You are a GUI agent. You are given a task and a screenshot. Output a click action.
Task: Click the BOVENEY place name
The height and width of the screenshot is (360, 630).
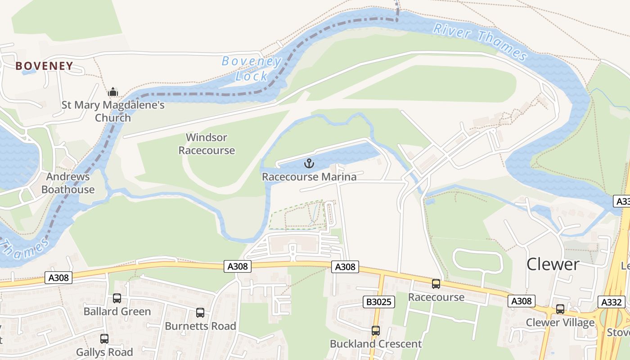(44, 66)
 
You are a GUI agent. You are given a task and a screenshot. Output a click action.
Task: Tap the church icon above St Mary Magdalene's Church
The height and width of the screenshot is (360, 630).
(112, 92)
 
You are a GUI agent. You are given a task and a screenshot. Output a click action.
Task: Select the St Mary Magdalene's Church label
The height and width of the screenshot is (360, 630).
(113, 112)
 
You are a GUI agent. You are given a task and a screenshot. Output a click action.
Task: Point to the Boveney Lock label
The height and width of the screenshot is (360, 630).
(252, 68)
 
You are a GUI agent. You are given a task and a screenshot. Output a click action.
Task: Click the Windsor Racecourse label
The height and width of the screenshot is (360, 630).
(207, 144)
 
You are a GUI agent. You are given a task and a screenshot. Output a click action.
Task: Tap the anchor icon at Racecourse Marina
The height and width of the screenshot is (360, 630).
(309, 163)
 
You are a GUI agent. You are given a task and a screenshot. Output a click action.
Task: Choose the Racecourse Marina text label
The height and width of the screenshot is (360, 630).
(309, 177)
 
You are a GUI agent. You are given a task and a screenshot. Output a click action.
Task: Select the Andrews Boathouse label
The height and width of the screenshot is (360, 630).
(68, 183)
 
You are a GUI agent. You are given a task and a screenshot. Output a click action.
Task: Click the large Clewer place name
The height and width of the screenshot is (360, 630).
(553, 264)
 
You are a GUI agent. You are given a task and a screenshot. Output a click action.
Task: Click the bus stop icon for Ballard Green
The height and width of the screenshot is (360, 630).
(117, 298)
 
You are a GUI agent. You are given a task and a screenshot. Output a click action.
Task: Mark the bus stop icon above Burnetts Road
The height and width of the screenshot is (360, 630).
(200, 312)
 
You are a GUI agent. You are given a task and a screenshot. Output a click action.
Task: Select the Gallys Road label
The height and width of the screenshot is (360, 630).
(104, 352)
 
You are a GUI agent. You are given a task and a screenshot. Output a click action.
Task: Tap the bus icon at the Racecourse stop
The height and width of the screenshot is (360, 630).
(436, 284)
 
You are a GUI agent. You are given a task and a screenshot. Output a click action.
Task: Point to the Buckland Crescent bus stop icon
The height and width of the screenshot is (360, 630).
(376, 331)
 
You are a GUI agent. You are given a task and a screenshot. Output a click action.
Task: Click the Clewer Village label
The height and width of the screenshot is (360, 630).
(560, 323)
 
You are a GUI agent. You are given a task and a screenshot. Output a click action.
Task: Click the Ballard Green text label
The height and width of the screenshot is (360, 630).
(117, 311)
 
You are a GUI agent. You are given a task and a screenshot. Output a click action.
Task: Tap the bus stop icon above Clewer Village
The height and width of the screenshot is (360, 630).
(560, 309)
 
